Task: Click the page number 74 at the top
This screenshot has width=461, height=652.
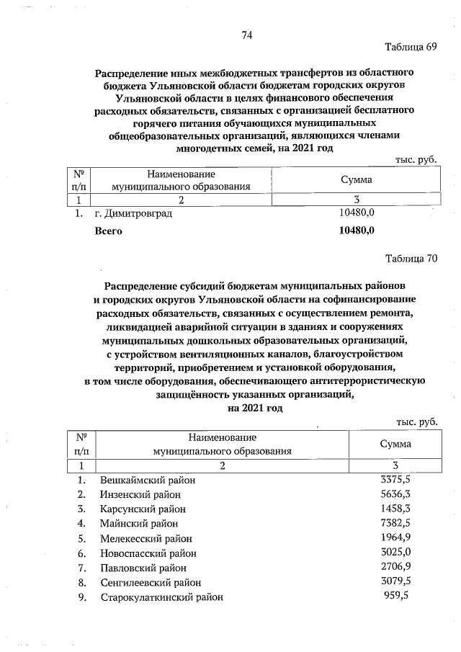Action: click(x=247, y=35)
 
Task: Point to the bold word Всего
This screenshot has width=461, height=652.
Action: click(x=109, y=231)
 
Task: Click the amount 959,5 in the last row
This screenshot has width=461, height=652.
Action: click(x=398, y=597)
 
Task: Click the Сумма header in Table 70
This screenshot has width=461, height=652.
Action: click(x=395, y=444)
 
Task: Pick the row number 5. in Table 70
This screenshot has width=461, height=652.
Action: click(x=82, y=538)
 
